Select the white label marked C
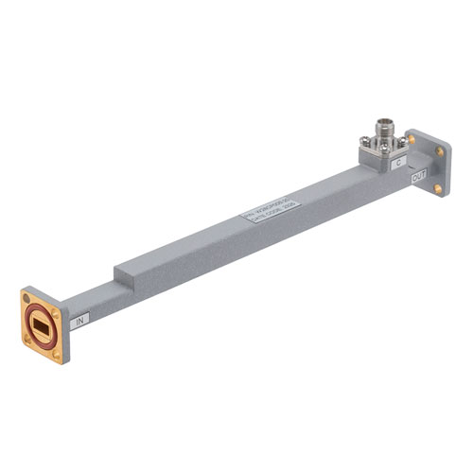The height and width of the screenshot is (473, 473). click(x=399, y=163)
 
